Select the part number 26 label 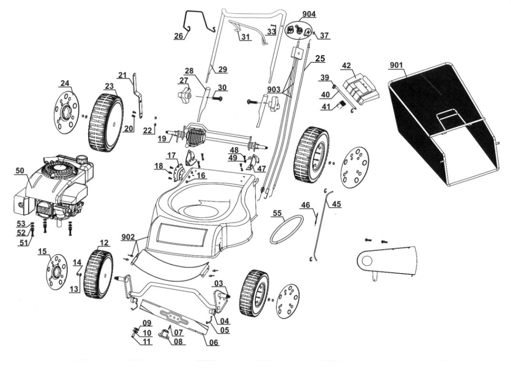coord(178,35)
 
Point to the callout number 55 coord(278,213)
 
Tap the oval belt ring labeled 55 coord(287,229)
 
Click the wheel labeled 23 coord(106,122)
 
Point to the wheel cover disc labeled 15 coord(57,273)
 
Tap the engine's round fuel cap coord(82,160)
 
